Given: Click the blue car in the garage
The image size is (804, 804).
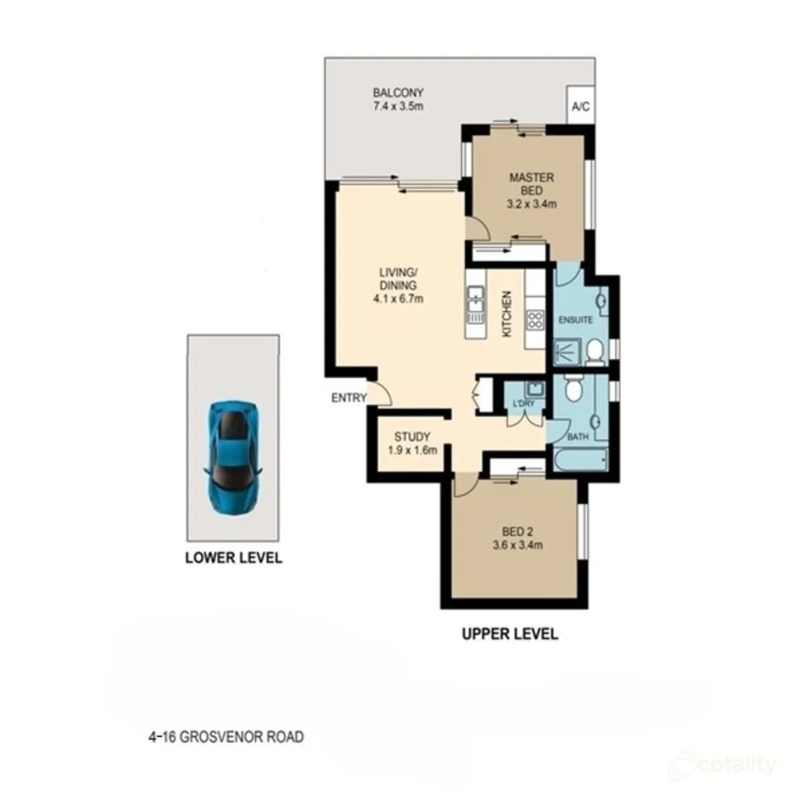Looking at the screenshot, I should (x=232, y=457).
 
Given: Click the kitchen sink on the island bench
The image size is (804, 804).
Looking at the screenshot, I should (x=474, y=304).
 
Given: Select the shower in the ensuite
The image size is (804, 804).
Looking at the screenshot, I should (x=567, y=351).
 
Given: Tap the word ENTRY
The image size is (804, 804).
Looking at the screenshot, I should (x=348, y=398).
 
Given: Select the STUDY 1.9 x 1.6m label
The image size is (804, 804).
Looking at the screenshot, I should (x=412, y=443).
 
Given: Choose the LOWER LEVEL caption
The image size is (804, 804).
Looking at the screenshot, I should (x=233, y=558).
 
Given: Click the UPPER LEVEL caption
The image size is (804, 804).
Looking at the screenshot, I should (x=509, y=634).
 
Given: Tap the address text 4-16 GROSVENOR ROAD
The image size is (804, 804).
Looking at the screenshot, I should (x=226, y=738).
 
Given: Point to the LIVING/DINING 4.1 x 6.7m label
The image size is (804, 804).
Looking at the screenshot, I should (x=400, y=287).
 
